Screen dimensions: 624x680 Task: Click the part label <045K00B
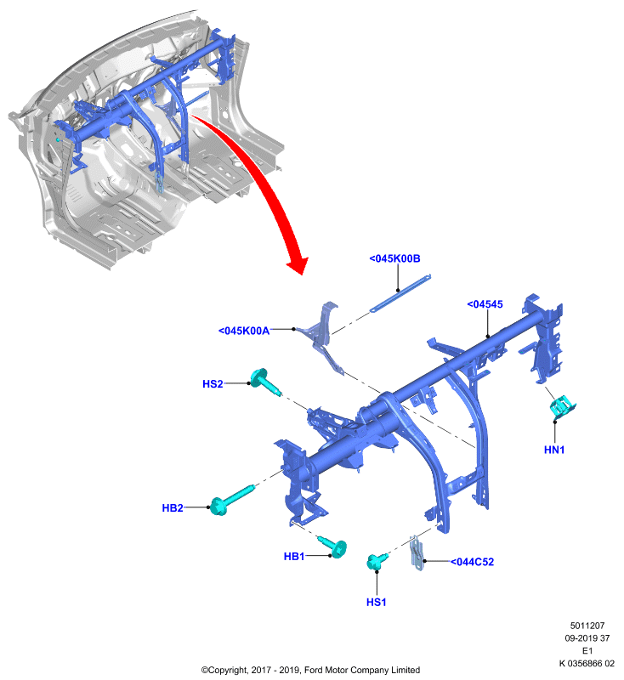(394, 258)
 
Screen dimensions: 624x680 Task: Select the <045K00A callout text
(244, 331)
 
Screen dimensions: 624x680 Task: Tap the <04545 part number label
(485, 304)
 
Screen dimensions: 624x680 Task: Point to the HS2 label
(213, 384)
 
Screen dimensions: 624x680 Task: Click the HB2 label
(173, 507)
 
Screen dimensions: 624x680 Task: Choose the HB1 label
(294, 557)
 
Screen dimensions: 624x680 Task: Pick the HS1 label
(376, 602)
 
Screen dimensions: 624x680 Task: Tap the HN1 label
(554, 450)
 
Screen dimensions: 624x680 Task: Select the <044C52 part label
(472, 562)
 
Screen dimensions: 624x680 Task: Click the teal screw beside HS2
(264, 381)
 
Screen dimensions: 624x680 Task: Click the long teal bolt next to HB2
(231, 501)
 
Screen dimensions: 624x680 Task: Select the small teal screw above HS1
(377, 561)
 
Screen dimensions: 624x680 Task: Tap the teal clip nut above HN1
(563, 407)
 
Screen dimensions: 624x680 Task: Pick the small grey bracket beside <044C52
(417, 553)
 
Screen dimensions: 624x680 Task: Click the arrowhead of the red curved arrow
(298, 264)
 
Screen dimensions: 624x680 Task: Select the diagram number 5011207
(587, 626)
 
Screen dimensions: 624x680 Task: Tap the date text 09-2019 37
(587, 638)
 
